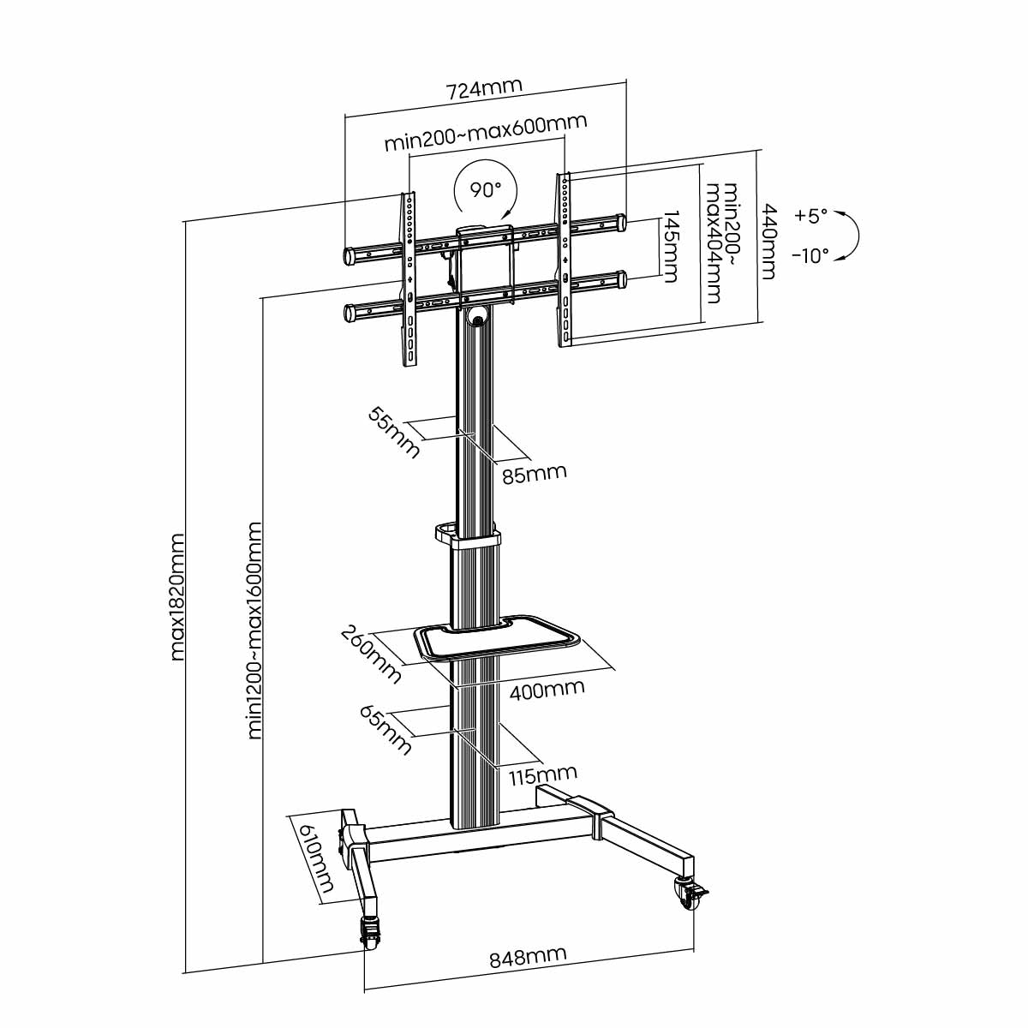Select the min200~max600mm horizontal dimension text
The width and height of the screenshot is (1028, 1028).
pos(485,133)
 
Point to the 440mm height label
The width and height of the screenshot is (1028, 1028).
pos(768,241)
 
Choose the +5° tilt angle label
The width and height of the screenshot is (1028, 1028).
pos(810,216)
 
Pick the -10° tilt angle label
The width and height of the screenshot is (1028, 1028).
pos(810,255)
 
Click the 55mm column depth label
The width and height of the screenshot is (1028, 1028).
pos(394,432)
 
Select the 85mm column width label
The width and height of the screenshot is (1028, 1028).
pos(534,473)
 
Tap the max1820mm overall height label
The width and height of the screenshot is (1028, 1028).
pos(177,597)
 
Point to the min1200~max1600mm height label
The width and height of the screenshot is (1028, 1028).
pos(254,630)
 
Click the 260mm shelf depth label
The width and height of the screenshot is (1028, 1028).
pos(371,654)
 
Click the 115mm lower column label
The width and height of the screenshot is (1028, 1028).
pos(542,775)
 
